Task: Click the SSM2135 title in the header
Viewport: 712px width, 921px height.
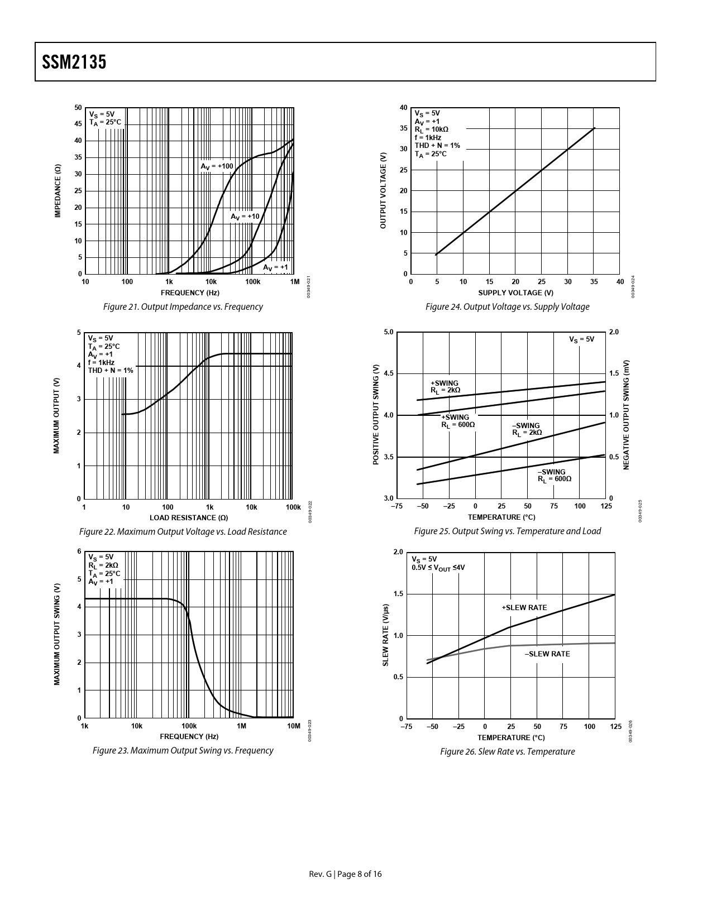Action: (74, 62)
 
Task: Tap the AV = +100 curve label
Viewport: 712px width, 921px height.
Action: (217, 166)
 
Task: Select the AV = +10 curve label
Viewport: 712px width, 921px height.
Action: (245, 217)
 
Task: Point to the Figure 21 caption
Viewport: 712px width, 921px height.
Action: (183, 306)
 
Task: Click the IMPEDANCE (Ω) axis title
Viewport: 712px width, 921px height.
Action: (58, 191)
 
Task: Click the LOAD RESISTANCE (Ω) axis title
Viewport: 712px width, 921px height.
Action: (188, 517)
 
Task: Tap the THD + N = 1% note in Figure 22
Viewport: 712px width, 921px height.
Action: (111, 370)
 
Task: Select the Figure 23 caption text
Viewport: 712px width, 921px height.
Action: (183, 750)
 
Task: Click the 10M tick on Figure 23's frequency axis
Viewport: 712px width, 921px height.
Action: (293, 726)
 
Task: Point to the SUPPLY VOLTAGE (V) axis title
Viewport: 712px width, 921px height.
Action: (515, 292)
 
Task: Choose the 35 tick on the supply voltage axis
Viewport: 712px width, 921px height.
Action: (594, 282)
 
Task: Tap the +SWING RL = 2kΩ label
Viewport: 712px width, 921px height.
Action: (445, 387)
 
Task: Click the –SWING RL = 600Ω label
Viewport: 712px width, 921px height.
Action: (555, 476)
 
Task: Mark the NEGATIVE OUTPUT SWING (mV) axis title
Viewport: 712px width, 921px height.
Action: (627, 415)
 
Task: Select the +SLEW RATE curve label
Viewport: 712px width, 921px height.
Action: (524, 608)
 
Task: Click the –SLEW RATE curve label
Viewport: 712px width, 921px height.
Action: (547, 654)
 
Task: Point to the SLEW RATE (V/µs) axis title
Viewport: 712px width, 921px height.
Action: (385, 635)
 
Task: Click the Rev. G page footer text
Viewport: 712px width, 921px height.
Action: (346, 874)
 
